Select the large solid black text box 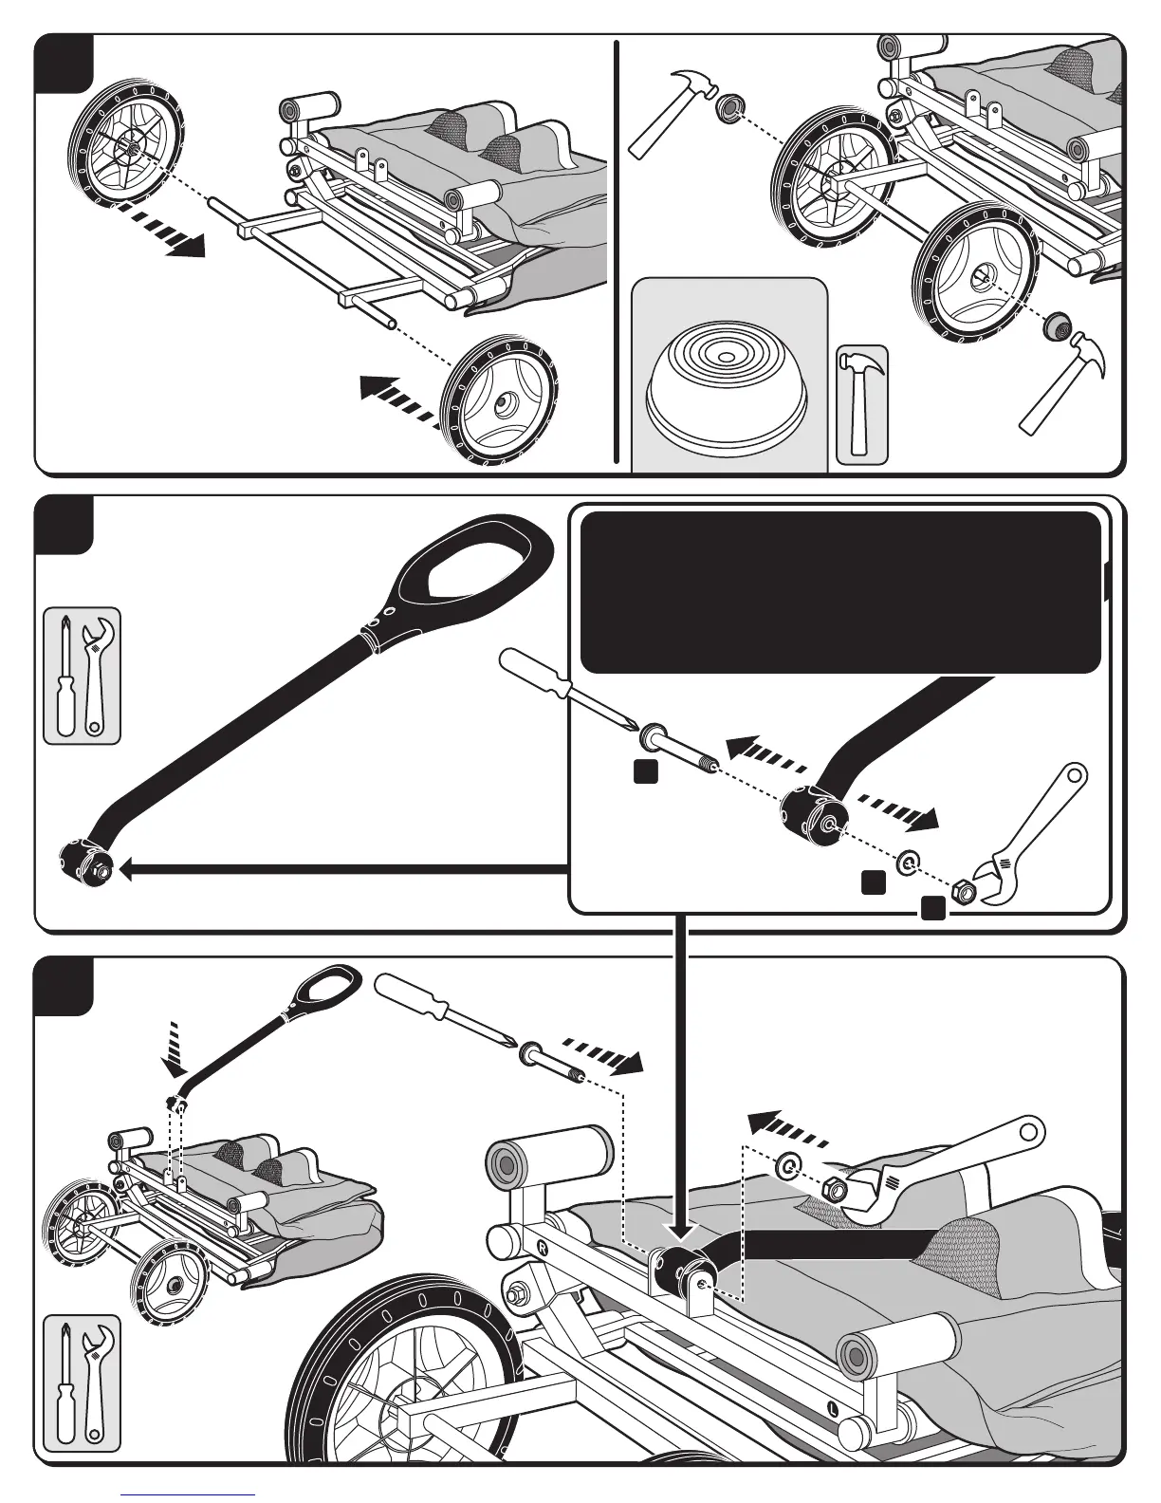[840, 592]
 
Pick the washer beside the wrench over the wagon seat [788, 1165]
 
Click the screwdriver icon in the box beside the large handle [64, 675]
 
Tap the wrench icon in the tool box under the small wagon [97, 1385]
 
